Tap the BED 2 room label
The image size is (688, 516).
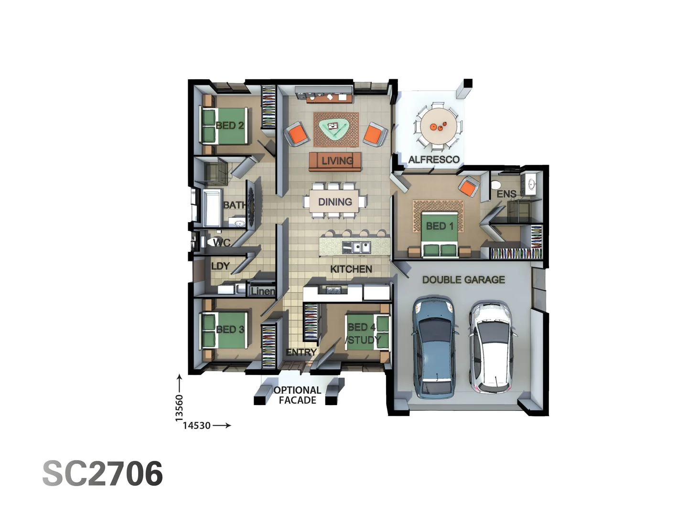coord(230,126)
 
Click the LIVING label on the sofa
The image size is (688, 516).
coord(337,161)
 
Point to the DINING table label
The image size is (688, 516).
coord(335,202)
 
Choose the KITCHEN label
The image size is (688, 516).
coord(351,269)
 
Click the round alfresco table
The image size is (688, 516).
coord(438,126)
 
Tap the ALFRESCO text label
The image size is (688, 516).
coord(434,160)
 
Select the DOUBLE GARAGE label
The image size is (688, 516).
coord(463,280)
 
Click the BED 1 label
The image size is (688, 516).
coord(440,226)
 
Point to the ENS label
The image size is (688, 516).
coord(506,194)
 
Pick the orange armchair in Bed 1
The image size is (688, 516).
coord(468,186)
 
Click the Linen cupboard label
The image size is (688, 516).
coord(262,291)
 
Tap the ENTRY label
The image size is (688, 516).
coord(301,352)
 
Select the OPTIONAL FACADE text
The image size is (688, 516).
coord(297,395)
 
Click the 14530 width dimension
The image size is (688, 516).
coord(196,425)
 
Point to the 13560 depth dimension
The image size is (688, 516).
coord(179,408)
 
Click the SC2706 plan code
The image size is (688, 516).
coord(103,474)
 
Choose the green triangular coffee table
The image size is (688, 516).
coord(334,128)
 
